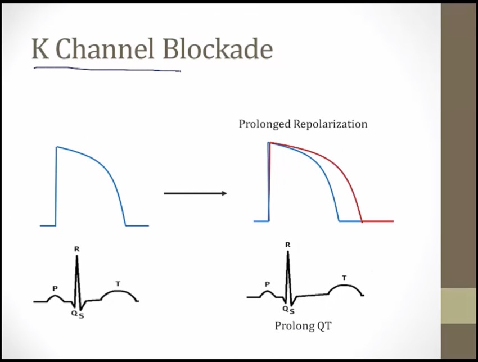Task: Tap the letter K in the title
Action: click(x=40, y=49)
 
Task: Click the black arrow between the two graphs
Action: click(x=195, y=193)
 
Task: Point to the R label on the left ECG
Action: click(x=76, y=248)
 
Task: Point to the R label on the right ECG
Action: click(x=288, y=245)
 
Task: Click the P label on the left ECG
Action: click(x=55, y=288)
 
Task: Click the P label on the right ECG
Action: click(x=267, y=284)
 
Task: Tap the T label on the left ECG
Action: click(x=118, y=284)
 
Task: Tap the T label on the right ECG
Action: click(x=344, y=278)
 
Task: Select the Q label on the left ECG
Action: click(x=74, y=313)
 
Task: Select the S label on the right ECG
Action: click(x=292, y=311)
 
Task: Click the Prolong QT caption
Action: click(x=303, y=325)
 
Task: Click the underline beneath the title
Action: click(x=107, y=70)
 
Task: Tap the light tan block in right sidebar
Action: click(x=458, y=305)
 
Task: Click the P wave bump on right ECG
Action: click(x=268, y=292)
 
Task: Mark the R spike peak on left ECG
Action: click(x=77, y=257)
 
